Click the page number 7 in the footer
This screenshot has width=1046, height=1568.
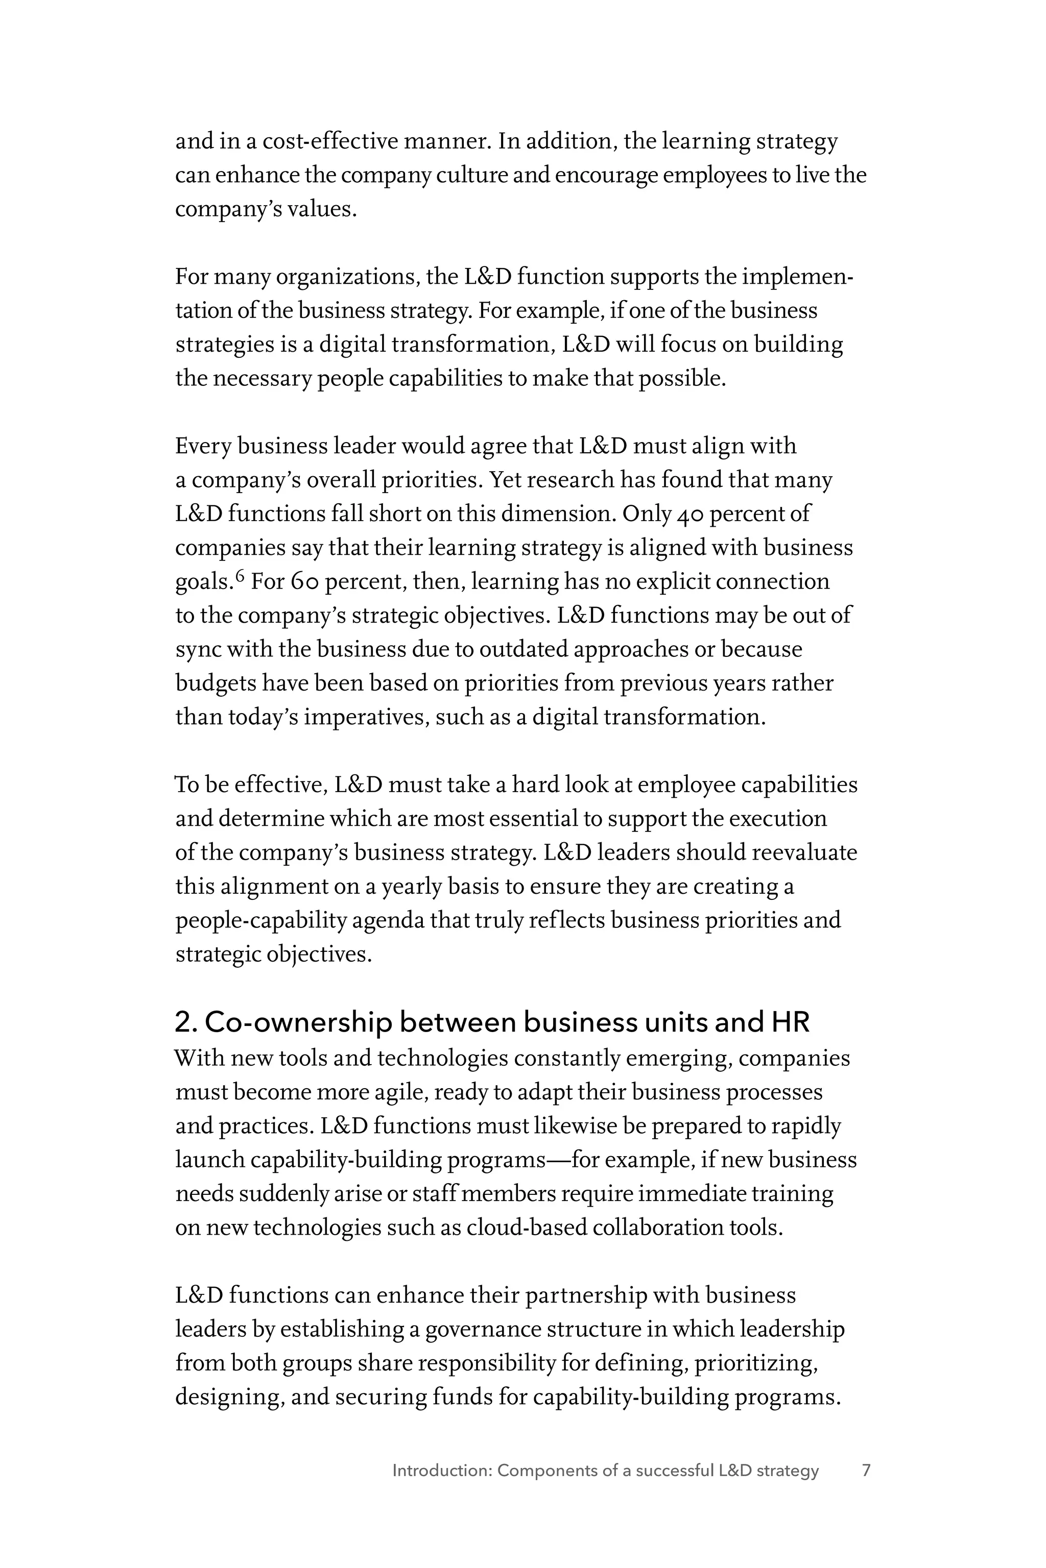coord(866,1470)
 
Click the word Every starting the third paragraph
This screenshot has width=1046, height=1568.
coord(203,446)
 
